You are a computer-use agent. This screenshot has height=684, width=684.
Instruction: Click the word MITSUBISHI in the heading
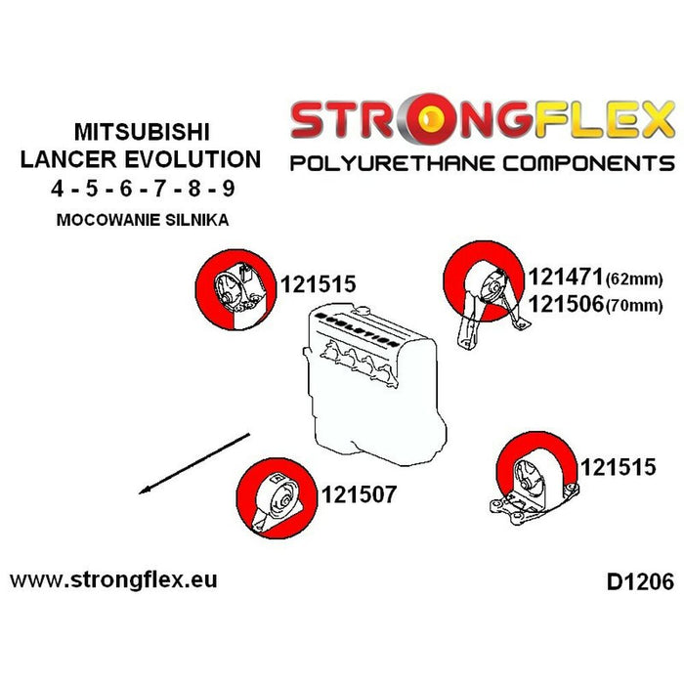click(142, 130)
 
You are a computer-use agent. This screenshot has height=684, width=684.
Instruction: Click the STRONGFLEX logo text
click(482, 119)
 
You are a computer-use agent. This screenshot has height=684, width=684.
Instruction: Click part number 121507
click(359, 495)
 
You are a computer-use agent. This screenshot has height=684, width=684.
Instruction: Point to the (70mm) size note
click(635, 306)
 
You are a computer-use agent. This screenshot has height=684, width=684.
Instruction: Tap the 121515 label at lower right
click(619, 468)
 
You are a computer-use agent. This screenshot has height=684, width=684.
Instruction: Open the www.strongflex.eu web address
click(113, 579)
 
